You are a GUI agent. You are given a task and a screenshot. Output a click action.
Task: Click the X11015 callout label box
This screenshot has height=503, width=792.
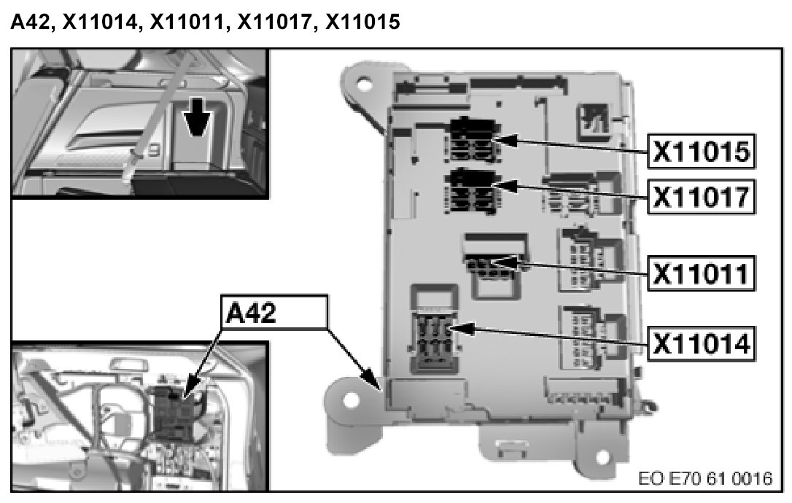tap(701, 152)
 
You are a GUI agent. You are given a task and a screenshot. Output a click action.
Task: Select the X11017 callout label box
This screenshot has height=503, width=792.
tap(701, 195)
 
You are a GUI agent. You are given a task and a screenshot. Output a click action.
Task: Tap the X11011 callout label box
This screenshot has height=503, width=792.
tap(701, 274)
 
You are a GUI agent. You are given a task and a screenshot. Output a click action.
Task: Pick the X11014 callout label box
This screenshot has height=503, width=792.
tap(701, 341)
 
